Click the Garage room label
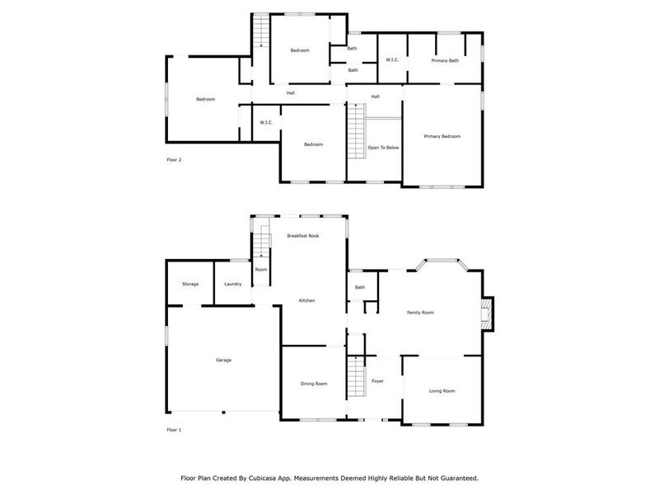pyautogui.click(x=223, y=361)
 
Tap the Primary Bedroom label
pyautogui.click(x=442, y=136)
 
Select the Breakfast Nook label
pyautogui.click(x=302, y=236)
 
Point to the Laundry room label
pyautogui.click(x=233, y=285)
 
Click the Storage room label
pyautogui.click(x=190, y=285)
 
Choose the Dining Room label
pyautogui.click(x=314, y=384)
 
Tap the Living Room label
pyautogui.click(x=442, y=391)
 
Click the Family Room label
pyautogui.click(x=420, y=313)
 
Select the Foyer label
pyautogui.click(x=377, y=381)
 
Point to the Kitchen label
pyautogui.click(x=306, y=300)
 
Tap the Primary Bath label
pyautogui.click(x=445, y=60)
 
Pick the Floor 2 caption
pyautogui.click(x=174, y=159)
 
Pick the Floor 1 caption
pyautogui.click(x=174, y=430)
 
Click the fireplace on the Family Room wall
pyautogui.click(x=487, y=313)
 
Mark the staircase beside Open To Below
pyautogui.click(x=356, y=134)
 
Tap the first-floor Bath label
pyautogui.click(x=360, y=287)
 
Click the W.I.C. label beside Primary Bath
pyautogui.click(x=392, y=60)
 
